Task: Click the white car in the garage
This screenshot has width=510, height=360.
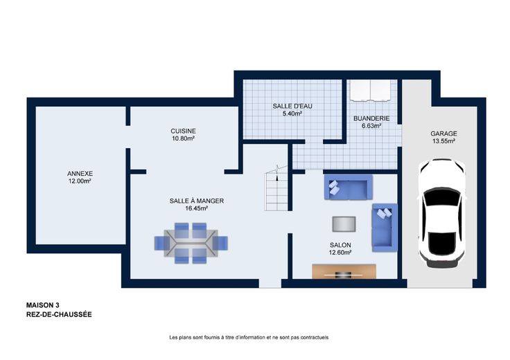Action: point(442,213)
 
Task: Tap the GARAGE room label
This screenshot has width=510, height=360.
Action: point(443,134)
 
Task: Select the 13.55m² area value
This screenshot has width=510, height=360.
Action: point(443,141)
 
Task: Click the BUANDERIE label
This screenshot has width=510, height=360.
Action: point(371,118)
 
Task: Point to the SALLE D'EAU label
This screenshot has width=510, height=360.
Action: point(292,106)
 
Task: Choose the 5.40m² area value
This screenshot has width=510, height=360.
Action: point(292,114)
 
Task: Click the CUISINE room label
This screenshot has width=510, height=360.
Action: point(183,131)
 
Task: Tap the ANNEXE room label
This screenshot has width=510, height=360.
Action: point(80,174)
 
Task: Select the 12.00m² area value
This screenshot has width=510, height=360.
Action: point(80,181)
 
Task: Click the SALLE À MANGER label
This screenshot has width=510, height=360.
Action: point(197,201)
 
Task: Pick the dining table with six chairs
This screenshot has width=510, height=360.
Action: point(191,243)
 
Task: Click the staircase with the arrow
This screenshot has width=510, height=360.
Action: point(276,189)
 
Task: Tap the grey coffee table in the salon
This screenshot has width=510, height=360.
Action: point(344,224)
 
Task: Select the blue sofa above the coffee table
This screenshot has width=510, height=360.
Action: point(349,187)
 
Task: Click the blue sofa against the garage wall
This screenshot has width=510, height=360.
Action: point(385,228)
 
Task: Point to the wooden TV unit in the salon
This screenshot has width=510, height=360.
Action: point(344,271)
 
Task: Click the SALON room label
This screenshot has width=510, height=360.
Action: point(340,245)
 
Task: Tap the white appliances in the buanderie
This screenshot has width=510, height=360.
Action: point(371,91)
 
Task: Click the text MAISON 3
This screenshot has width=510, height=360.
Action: point(42,305)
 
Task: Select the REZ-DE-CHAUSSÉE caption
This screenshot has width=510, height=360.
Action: point(59,314)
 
